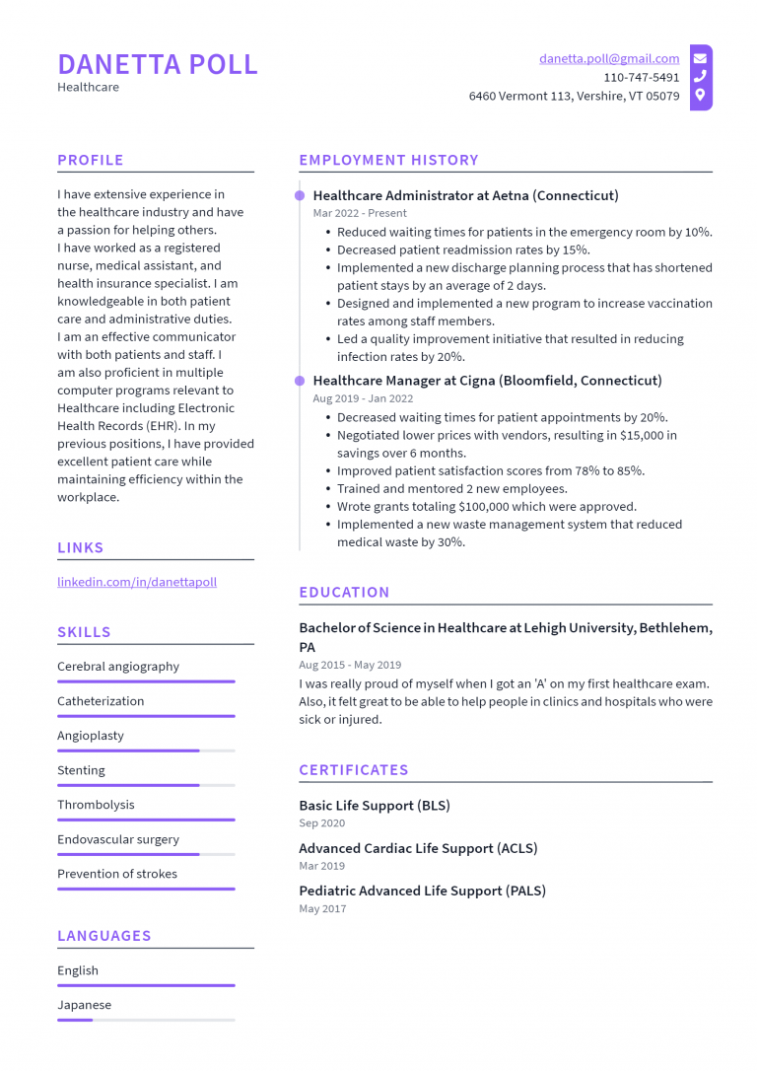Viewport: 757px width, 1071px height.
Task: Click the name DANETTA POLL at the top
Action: tap(158, 64)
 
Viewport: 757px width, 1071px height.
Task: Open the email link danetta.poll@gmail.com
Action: tap(608, 59)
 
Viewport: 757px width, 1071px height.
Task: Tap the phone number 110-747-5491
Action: tap(641, 77)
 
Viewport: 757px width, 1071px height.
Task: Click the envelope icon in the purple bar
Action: tap(700, 58)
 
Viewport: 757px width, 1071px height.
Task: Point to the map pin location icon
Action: tap(700, 96)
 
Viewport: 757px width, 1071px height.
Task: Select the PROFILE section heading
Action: tap(91, 160)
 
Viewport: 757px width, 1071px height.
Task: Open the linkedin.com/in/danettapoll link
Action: tap(137, 582)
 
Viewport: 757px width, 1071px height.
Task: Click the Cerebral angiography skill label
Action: tap(118, 667)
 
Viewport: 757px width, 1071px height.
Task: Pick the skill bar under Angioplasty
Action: tap(146, 750)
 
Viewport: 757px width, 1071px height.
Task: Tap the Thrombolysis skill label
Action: tap(96, 805)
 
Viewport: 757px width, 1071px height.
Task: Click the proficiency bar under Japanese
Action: tap(146, 1020)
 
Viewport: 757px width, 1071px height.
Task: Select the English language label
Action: tap(78, 970)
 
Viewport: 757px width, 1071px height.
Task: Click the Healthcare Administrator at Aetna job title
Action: tap(465, 195)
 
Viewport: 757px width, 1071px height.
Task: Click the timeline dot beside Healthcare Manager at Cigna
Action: tap(300, 380)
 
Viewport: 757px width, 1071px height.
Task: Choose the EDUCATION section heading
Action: tap(344, 592)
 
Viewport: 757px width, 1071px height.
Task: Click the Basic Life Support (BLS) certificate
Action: tap(375, 806)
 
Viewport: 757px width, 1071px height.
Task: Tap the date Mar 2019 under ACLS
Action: tap(322, 866)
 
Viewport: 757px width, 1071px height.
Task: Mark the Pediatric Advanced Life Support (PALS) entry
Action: tap(422, 891)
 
